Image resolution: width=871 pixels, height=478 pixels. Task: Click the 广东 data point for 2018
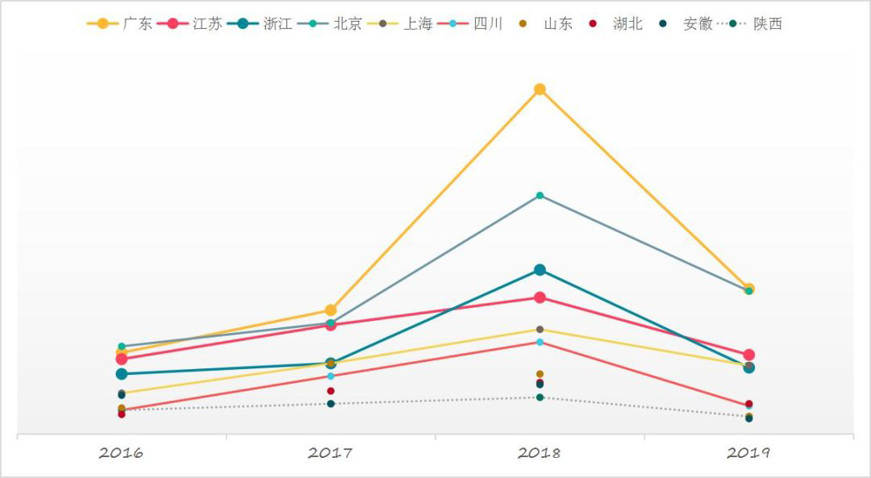coord(540,89)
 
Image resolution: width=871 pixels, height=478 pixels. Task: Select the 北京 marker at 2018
coord(540,196)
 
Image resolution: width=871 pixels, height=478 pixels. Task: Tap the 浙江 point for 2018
coord(540,270)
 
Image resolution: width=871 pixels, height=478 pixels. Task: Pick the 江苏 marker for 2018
coord(540,297)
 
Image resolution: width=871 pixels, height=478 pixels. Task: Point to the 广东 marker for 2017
coord(331,310)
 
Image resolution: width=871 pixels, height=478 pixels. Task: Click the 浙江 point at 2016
coord(122,374)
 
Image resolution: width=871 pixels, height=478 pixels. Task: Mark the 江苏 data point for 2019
coord(748,355)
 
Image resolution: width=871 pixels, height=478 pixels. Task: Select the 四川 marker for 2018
coord(540,343)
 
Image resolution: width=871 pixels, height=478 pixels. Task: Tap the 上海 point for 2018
coord(540,330)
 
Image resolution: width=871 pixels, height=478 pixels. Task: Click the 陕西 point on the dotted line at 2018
coord(540,397)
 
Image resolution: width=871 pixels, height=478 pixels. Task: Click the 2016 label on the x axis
coord(121,453)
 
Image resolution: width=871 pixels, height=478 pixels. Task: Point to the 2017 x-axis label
coord(330,453)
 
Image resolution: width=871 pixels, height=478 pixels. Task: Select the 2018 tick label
coord(539,453)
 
